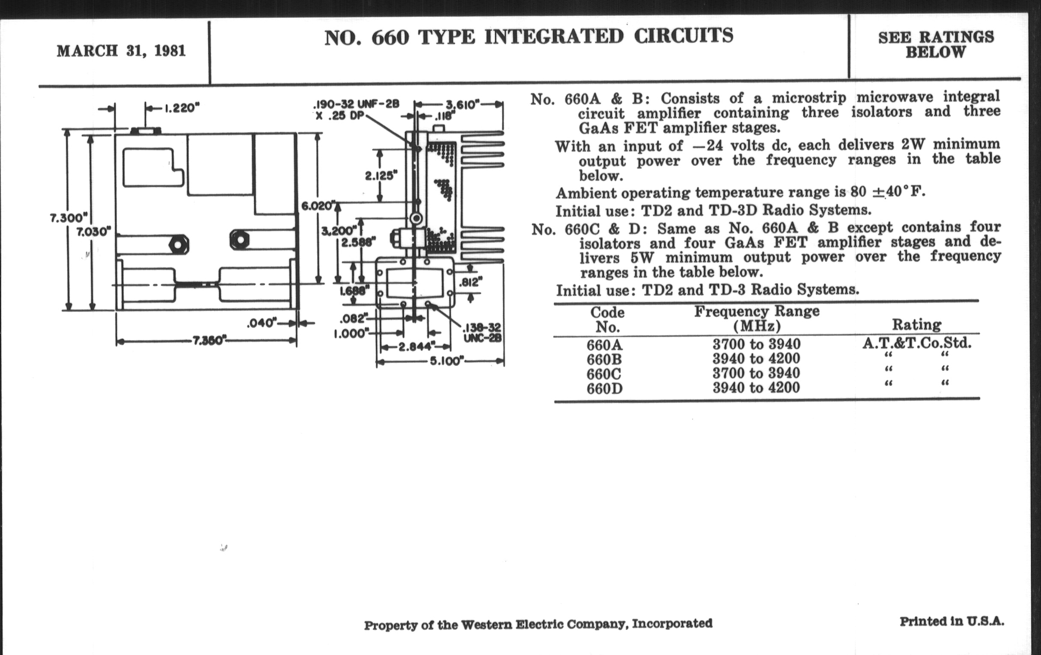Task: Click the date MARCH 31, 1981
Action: coord(121,51)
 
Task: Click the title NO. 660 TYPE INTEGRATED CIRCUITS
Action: coord(528,36)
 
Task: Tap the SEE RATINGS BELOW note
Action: coord(936,45)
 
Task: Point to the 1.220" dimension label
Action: coord(181,108)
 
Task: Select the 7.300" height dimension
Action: coord(69,217)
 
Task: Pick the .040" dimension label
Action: coord(261,323)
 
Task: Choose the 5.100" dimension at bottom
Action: coord(446,361)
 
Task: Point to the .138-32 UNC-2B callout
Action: coord(482,333)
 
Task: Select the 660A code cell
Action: coord(604,345)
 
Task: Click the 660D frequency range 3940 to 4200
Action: coord(756,387)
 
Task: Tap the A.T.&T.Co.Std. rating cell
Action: coord(916,344)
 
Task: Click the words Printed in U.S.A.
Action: coord(952,622)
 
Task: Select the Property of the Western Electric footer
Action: coord(538,624)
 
